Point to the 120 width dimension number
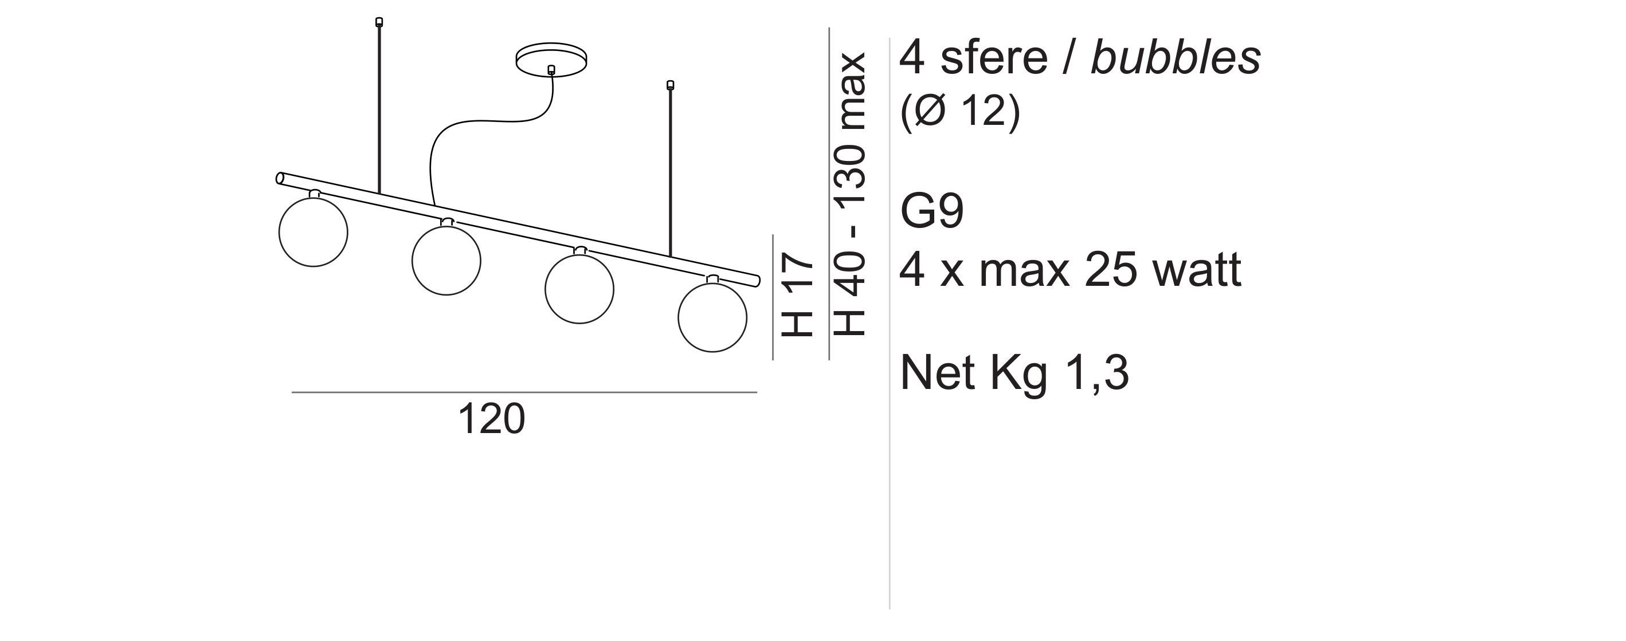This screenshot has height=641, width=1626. (x=491, y=419)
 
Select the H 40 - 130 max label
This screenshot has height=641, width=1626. (x=849, y=194)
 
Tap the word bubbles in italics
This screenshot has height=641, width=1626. (x=1176, y=57)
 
